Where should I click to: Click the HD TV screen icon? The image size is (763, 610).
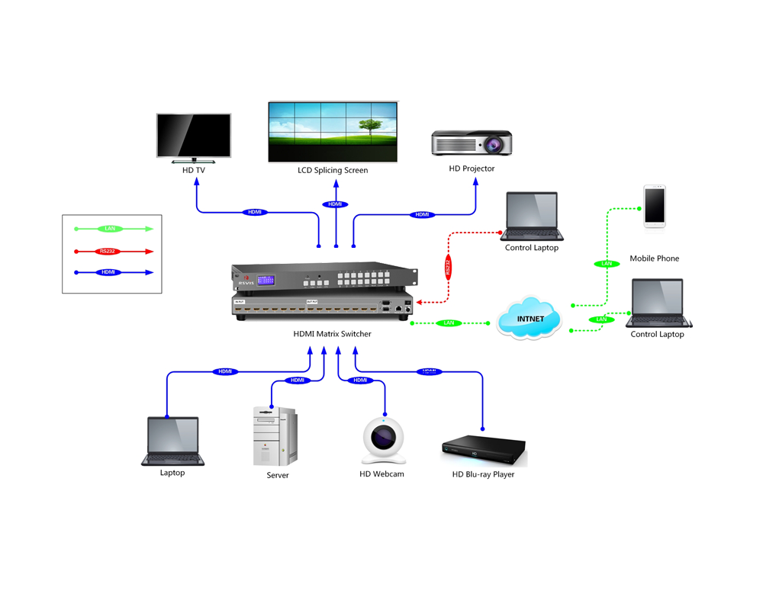(x=194, y=137)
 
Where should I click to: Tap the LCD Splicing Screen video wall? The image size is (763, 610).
(x=333, y=131)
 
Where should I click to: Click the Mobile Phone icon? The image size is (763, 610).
(x=654, y=206)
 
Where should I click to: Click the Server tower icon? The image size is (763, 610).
(x=274, y=435)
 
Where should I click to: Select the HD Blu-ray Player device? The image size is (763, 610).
(x=484, y=451)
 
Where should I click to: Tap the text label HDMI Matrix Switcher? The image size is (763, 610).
(x=332, y=334)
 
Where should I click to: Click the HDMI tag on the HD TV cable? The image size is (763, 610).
(x=255, y=212)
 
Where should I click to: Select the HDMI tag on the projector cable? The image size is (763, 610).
(x=422, y=215)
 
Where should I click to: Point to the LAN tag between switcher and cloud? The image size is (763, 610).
(x=449, y=323)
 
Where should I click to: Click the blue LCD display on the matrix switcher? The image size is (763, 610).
(x=267, y=280)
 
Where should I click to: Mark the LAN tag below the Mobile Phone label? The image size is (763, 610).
(x=607, y=264)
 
